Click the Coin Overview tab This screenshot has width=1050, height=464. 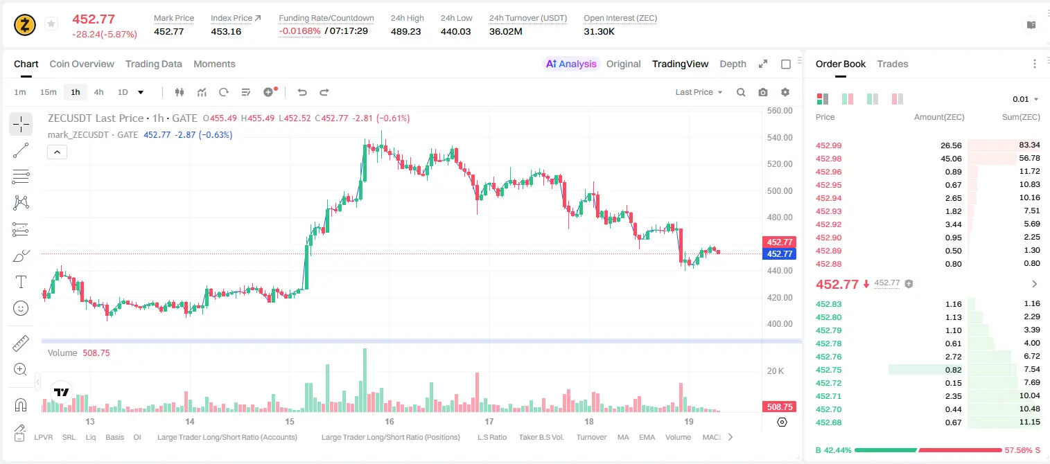82,64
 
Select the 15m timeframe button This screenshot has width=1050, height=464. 48,92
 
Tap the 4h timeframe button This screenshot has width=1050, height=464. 98,92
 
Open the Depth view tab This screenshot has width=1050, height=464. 733,64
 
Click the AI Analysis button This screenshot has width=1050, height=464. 571,64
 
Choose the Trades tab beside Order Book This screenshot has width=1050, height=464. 893,64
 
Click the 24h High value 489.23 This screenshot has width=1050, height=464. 406,31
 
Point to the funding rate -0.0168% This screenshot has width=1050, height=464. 299,31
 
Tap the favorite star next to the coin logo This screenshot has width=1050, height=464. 51,24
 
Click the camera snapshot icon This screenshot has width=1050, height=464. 763,92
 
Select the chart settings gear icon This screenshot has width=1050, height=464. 785,92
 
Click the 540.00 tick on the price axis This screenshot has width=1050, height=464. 780,138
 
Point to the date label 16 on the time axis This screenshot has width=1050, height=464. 389,421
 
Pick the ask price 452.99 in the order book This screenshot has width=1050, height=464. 828,145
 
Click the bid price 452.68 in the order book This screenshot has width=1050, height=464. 828,422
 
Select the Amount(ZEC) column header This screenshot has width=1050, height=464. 939,117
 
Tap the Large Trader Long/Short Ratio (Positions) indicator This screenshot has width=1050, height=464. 390,437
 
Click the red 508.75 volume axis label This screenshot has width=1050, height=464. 780,407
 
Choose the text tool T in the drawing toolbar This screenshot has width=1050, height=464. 21,282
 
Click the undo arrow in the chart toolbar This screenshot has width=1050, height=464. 302,92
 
